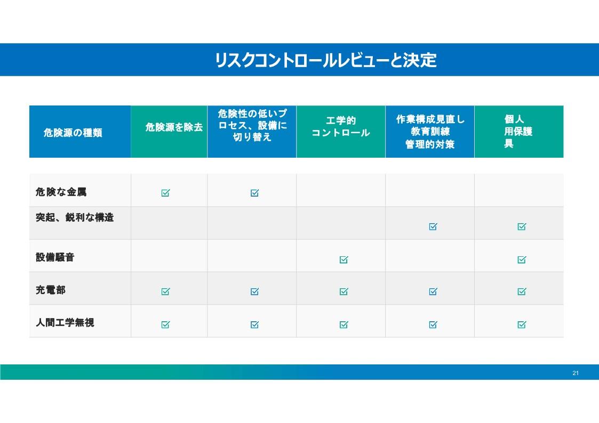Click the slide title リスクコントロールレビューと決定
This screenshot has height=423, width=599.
click(x=326, y=60)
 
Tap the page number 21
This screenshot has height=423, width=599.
click(x=576, y=373)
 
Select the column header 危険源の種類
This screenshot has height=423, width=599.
click(x=73, y=133)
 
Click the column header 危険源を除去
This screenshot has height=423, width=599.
click(x=174, y=127)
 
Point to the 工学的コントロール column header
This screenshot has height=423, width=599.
click(x=341, y=127)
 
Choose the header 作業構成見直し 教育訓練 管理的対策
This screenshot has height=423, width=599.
click(x=430, y=132)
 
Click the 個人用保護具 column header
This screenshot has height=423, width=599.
click(x=518, y=131)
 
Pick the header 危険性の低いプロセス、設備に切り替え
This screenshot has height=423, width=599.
click(x=252, y=125)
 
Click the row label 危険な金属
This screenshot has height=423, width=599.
click(x=61, y=192)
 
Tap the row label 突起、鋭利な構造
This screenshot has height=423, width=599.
click(x=75, y=217)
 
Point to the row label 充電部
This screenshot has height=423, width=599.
click(x=51, y=290)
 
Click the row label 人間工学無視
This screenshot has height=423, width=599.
click(x=65, y=323)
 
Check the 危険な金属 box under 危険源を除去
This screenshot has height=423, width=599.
click(x=165, y=193)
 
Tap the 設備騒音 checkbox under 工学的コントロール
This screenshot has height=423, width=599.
click(x=344, y=259)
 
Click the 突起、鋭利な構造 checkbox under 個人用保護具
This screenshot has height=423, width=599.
click(x=522, y=226)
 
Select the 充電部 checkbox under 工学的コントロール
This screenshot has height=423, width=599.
click(x=344, y=291)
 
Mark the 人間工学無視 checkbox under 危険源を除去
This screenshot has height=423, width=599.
click(x=165, y=324)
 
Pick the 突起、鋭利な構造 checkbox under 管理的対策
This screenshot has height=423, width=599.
click(x=433, y=226)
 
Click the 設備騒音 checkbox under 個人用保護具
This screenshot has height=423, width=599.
click(x=522, y=259)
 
